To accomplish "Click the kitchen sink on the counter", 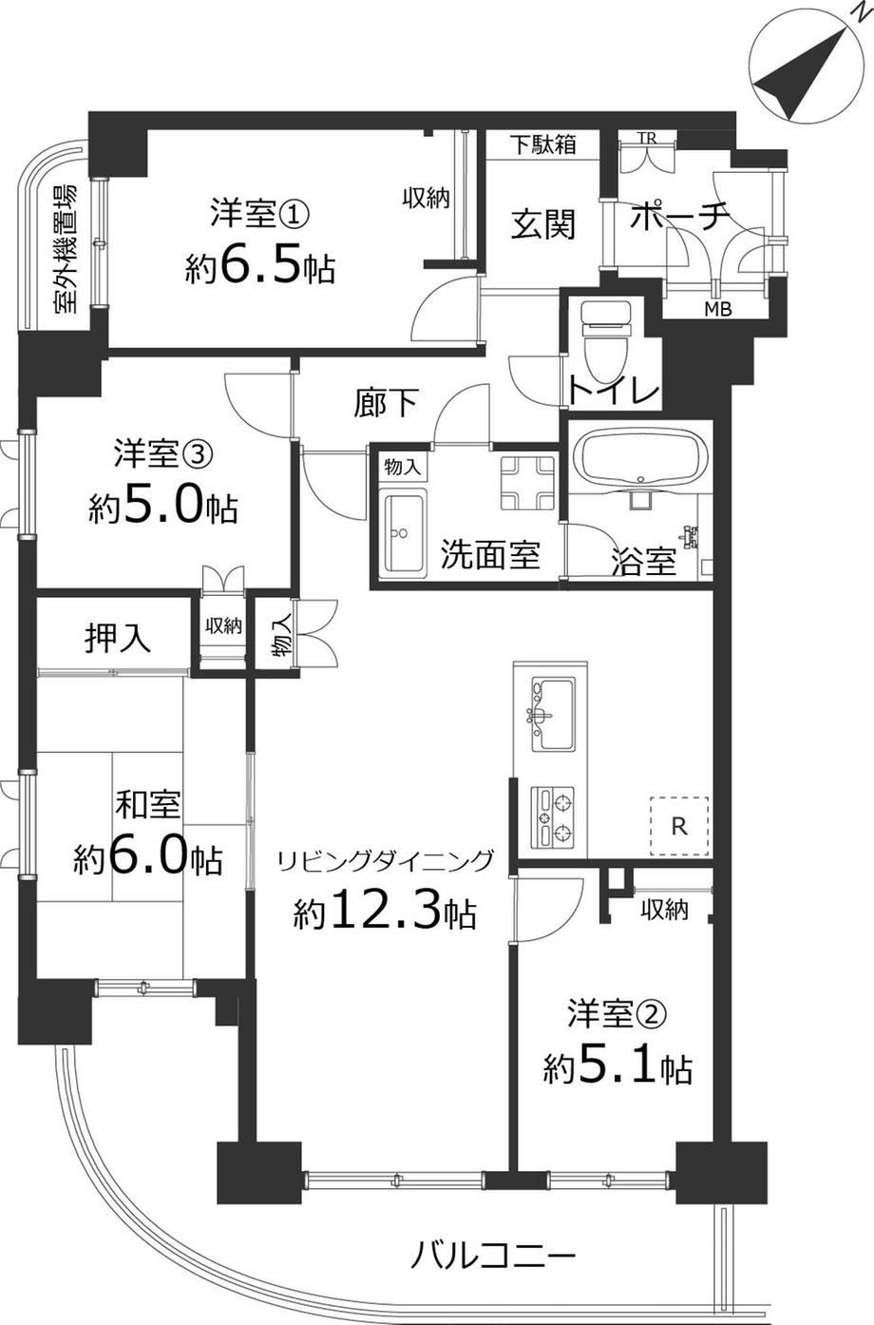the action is pos(552,714).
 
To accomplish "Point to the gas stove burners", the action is pos(552,816).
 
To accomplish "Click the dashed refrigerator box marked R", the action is pos(679,826).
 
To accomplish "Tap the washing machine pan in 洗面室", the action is pos(528,483).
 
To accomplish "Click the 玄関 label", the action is pos(543,225).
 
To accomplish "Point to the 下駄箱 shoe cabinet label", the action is pos(542,144).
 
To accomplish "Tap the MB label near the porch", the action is pos(718,308).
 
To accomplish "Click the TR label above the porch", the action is pos(648,138).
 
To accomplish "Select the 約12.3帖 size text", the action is pos(385,912).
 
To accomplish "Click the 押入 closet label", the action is pos(118,638).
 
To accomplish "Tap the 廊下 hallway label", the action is pos(386,402).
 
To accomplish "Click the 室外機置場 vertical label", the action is pos(65,249).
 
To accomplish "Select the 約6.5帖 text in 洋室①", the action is pos(259,269).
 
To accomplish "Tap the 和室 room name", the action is pos(148,804).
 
